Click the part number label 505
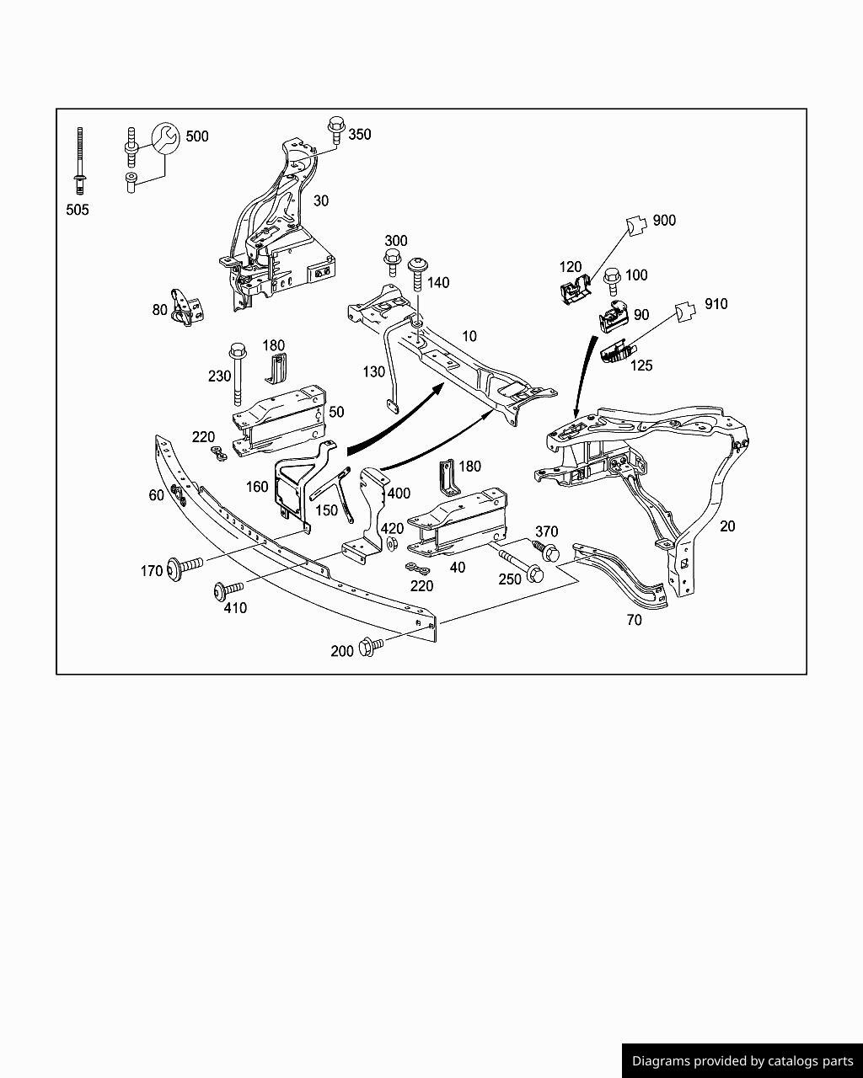point(78,210)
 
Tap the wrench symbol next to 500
point(165,138)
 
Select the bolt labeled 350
point(335,130)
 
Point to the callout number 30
point(321,200)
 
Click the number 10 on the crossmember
point(469,336)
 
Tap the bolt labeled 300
point(393,260)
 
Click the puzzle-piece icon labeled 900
point(638,223)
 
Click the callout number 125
point(641,366)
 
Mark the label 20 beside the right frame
point(727,526)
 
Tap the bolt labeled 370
point(547,552)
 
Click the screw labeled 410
point(228,590)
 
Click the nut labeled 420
point(391,544)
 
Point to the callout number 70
point(634,620)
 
